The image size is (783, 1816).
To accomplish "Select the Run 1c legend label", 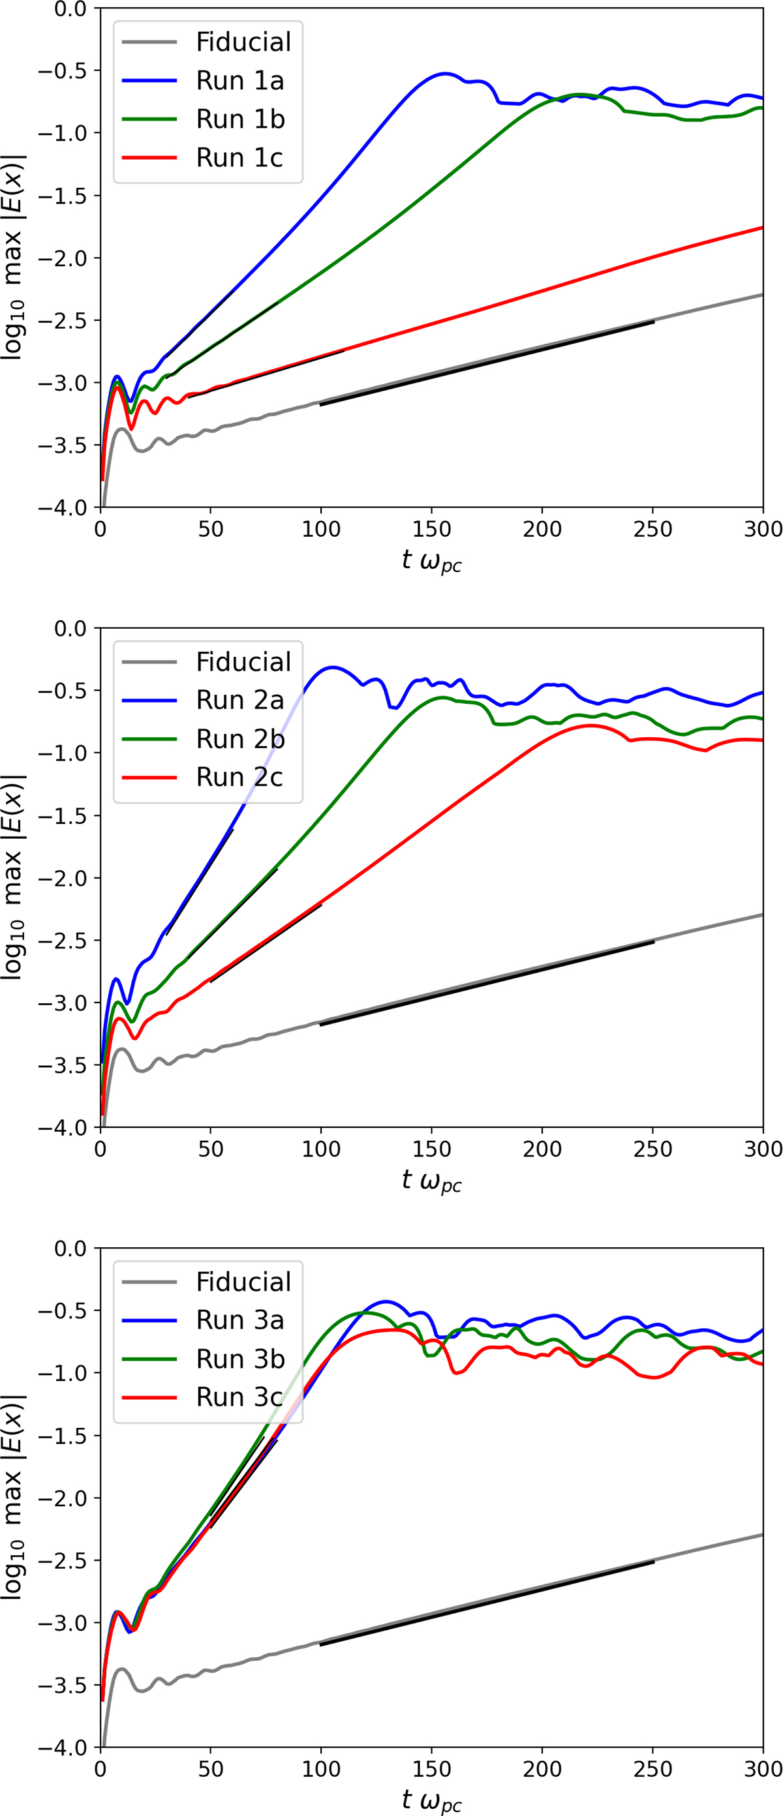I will (x=240, y=158).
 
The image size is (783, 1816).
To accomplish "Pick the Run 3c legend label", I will (x=240, y=1397).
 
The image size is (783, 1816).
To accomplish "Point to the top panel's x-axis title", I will (x=431, y=561).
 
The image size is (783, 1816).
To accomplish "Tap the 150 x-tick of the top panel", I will (x=431, y=529).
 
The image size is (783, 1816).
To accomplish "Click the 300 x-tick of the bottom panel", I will (x=763, y=1769).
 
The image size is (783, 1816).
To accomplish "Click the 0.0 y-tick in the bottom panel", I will (x=70, y=1248).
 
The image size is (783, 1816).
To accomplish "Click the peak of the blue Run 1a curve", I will (x=444, y=73).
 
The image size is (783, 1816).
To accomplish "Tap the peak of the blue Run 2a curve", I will (x=332, y=667).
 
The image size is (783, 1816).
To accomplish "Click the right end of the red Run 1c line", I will (x=762, y=228).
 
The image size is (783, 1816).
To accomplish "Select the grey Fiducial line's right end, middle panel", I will (x=762, y=915).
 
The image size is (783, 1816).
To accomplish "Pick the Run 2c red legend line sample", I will (x=149, y=777).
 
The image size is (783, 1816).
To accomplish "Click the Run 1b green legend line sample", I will (x=149, y=119).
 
